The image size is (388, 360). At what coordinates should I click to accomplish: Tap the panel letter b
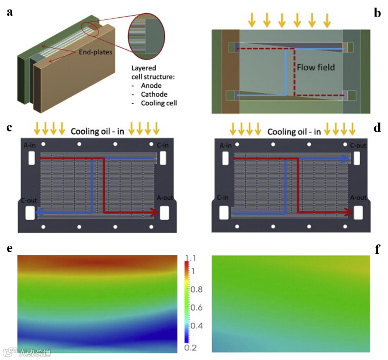pyautogui.click(x=377, y=13)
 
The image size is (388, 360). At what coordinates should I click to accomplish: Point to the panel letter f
pyautogui.click(x=377, y=249)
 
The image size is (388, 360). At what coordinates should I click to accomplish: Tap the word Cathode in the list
pyautogui.click(x=154, y=94)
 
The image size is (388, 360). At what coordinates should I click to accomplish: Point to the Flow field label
pyautogui.click(x=316, y=67)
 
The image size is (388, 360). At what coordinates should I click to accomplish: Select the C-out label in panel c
pyautogui.click(x=29, y=200)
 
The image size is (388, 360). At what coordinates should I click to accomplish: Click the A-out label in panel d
pyautogui.click(x=358, y=197)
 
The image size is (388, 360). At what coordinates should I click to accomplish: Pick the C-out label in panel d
pyautogui.click(x=358, y=146)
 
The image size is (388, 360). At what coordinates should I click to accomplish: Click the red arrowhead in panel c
pyautogui.click(x=154, y=213)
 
